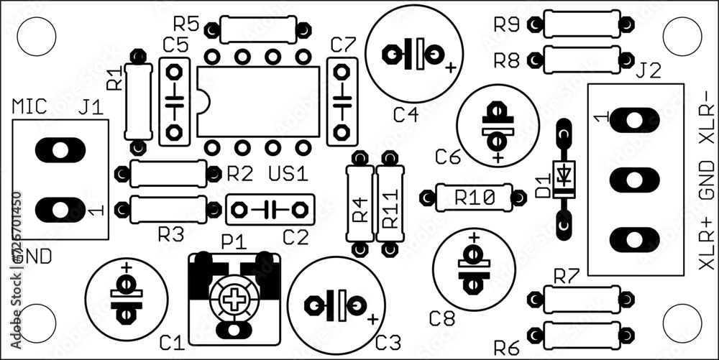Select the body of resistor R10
click(474, 197)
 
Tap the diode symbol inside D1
click(564, 174)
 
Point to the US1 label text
click(288, 174)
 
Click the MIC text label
click(29, 107)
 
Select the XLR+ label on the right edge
click(707, 245)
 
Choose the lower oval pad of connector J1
click(60, 209)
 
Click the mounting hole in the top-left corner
click(36, 36)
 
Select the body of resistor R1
click(138, 101)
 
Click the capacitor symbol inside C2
click(270, 209)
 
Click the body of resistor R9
click(581, 24)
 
